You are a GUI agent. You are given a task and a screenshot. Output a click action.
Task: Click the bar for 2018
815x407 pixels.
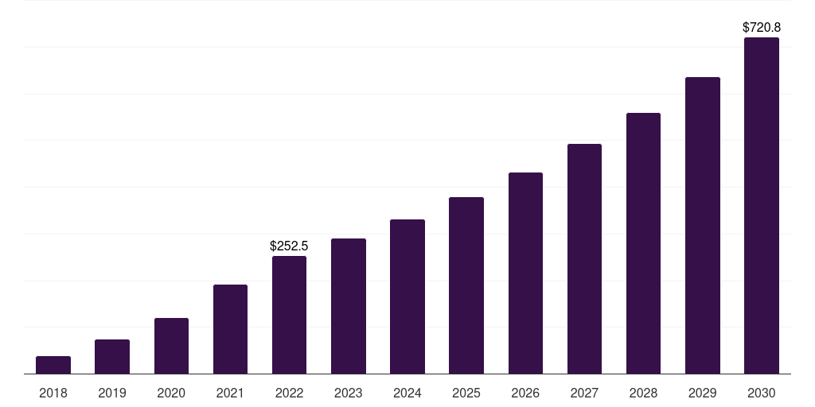(x=53, y=365)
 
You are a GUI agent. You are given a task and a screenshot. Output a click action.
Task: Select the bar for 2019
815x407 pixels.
(x=112, y=357)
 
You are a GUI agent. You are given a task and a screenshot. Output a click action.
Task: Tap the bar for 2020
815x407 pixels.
(x=171, y=346)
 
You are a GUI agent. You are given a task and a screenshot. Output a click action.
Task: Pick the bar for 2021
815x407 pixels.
(x=230, y=329)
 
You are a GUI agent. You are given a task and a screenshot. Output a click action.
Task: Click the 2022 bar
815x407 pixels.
(x=289, y=315)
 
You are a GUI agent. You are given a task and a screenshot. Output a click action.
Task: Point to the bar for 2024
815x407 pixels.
(x=407, y=297)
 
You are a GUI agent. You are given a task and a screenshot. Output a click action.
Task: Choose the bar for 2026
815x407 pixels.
(x=525, y=273)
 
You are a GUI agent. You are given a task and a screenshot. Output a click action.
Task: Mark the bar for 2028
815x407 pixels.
(x=643, y=243)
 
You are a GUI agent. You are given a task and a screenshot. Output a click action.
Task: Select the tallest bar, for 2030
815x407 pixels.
(x=762, y=205)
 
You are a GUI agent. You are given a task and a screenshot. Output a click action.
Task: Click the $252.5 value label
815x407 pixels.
(x=289, y=246)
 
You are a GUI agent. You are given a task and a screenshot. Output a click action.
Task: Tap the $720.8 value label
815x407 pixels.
(x=762, y=28)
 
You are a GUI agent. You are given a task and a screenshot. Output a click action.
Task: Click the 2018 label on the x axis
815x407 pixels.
(x=53, y=393)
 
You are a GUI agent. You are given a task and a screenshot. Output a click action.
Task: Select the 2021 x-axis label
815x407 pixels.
(x=230, y=393)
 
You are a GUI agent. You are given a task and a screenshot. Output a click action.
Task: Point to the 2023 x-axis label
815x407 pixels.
(x=349, y=393)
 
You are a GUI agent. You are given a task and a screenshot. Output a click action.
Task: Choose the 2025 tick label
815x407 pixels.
(x=466, y=393)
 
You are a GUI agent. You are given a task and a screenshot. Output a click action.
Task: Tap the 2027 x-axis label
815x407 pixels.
(x=584, y=393)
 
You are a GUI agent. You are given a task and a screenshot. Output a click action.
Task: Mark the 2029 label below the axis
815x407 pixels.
(x=702, y=393)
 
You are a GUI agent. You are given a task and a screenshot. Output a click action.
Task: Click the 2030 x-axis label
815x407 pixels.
(x=762, y=393)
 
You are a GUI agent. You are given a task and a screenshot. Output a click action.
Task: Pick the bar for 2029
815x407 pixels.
(x=702, y=225)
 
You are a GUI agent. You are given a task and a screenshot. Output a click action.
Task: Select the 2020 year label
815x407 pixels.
(x=171, y=393)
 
